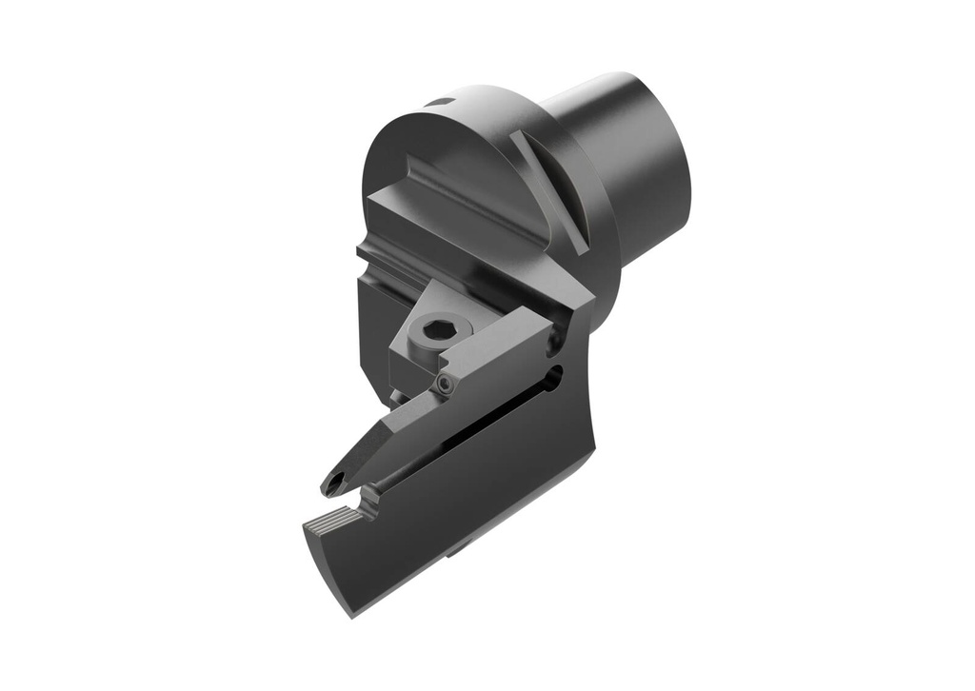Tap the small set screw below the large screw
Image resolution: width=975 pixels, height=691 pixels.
445,383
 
